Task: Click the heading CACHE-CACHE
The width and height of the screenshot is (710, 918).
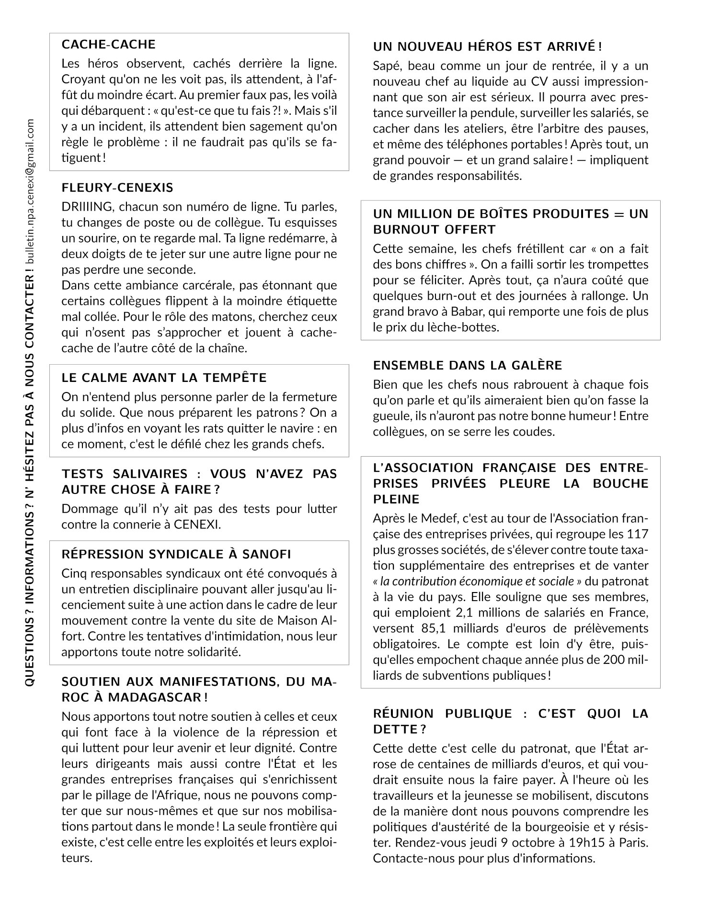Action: coord(109,45)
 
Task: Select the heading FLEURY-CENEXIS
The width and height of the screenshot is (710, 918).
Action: coord(117,188)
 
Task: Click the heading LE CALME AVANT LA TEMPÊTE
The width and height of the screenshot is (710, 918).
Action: coord(164,378)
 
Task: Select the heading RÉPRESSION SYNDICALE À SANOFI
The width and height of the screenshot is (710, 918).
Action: coord(176,554)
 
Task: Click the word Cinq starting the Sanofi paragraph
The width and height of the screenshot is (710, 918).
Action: coord(74,573)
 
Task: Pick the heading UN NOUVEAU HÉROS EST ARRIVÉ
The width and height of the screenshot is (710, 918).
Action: coord(487,46)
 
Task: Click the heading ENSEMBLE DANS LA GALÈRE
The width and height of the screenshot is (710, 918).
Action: coord(468,365)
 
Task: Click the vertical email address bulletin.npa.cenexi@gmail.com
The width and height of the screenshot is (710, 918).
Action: coord(30,191)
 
